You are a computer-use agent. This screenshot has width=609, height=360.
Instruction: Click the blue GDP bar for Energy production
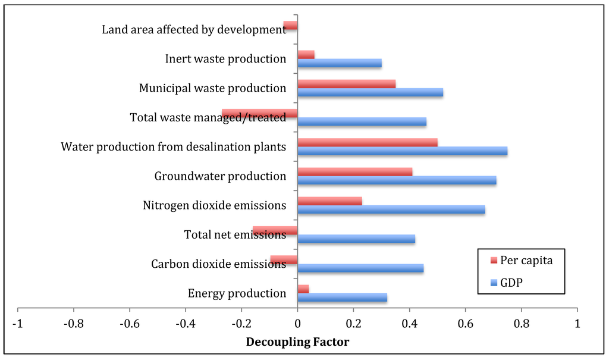click(x=342, y=298)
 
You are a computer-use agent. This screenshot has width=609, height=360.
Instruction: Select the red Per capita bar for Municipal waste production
click(x=346, y=84)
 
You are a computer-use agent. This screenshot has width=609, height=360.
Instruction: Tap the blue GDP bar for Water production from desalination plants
click(x=402, y=151)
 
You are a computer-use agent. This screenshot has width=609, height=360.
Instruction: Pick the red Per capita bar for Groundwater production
click(x=354, y=172)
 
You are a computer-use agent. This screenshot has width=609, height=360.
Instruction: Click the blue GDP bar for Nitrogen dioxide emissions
click(x=391, y=209)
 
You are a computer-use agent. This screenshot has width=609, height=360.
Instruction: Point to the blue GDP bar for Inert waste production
click(x=339, y=63)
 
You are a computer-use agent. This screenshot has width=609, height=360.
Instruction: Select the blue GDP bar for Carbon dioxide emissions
click(x=360, y=268)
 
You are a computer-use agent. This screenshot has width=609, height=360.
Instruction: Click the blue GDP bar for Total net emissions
click(x=356, y=239)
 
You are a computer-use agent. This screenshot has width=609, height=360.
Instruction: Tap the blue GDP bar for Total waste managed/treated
click(x=362, y=122)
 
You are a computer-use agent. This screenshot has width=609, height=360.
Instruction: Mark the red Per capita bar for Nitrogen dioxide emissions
click(x=329, y=201)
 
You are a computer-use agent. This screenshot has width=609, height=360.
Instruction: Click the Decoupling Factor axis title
click(x=297, y=342)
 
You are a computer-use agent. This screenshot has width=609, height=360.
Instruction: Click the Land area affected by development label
click(x=194, y=29)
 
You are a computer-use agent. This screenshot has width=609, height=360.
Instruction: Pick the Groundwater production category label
click(x=220, y=176)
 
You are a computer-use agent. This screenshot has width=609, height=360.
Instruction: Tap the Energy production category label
click(x=237, y=293)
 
